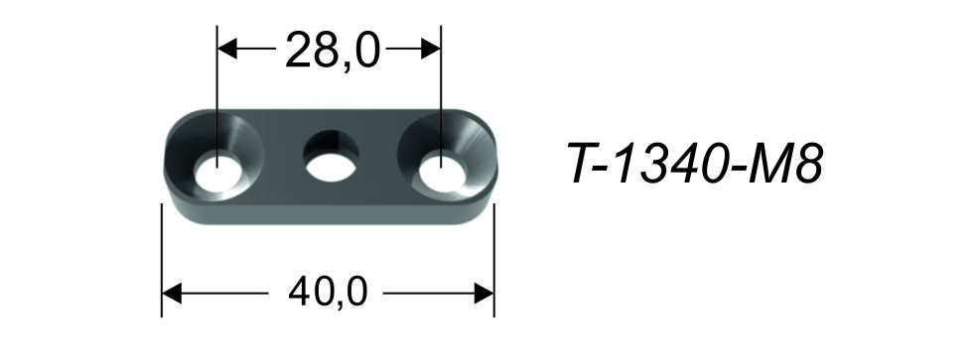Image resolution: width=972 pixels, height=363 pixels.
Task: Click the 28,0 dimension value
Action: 333,51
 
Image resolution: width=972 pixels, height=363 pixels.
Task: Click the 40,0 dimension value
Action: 329,293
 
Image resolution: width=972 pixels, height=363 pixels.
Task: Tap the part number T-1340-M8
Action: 696,164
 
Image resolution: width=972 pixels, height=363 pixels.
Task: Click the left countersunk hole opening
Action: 217,173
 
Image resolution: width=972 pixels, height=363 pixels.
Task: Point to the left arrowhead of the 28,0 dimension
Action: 227,49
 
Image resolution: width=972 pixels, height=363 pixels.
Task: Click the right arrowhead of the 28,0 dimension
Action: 431,49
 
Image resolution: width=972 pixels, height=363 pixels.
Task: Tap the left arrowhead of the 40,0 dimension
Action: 172,293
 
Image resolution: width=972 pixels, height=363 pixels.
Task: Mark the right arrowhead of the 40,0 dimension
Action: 485,293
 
